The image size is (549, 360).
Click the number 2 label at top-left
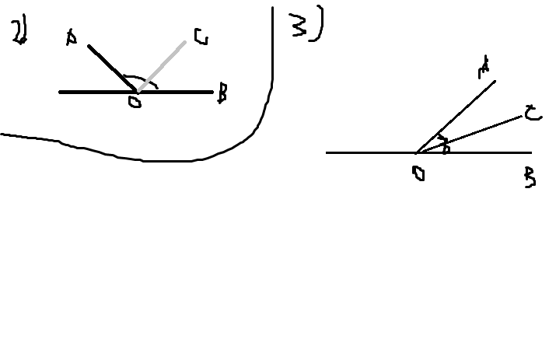coord(18,31)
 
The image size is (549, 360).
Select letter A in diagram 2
coord(72,37)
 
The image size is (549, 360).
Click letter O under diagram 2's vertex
coord(135,102)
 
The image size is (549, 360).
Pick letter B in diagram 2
coord(222,95)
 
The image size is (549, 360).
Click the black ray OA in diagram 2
coord(110,68)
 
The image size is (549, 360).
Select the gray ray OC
coord(163,65)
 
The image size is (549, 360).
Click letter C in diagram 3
coord(532,114)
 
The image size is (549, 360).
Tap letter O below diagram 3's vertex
coord(418,173)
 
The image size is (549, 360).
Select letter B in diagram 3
coord(530,180)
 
